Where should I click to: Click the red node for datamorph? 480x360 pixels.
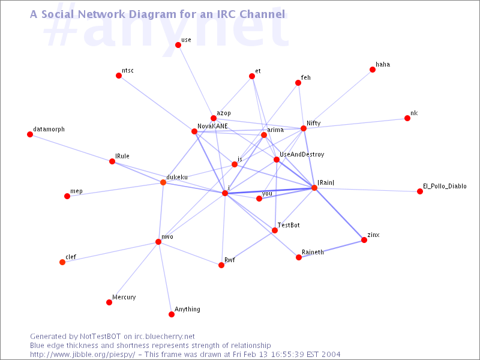click(x=30, y=134)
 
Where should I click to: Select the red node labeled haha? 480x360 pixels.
click(x=373, y=70)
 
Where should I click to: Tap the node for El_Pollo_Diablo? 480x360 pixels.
click(x=420, y=191)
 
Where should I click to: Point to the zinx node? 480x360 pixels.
click(x=364, y=240)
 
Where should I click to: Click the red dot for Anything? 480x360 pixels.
click(x=172, y=314)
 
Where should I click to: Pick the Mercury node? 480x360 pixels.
click(x=109, y=302)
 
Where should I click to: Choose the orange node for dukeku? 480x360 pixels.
click(x=163, y=182)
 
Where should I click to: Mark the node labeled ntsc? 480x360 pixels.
click(x=119, y=76)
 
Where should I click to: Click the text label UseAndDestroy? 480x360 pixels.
click(x=302, y=155)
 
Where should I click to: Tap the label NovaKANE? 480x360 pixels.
click(x=212, y=126)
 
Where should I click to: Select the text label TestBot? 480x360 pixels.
click(x=289, y=225)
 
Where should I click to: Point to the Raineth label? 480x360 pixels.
click(x=313, y=252)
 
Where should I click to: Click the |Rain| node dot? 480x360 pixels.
click(x=314, y=188)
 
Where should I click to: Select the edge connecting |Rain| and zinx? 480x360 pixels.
click(x=339, y=214)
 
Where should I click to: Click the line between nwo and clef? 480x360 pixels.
click(x=110, y=252)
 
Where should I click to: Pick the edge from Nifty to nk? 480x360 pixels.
click(x=355, y=124)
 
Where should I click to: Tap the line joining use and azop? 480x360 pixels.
click(x=196, y=82)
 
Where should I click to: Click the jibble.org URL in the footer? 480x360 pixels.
click(x=83, y=355)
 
